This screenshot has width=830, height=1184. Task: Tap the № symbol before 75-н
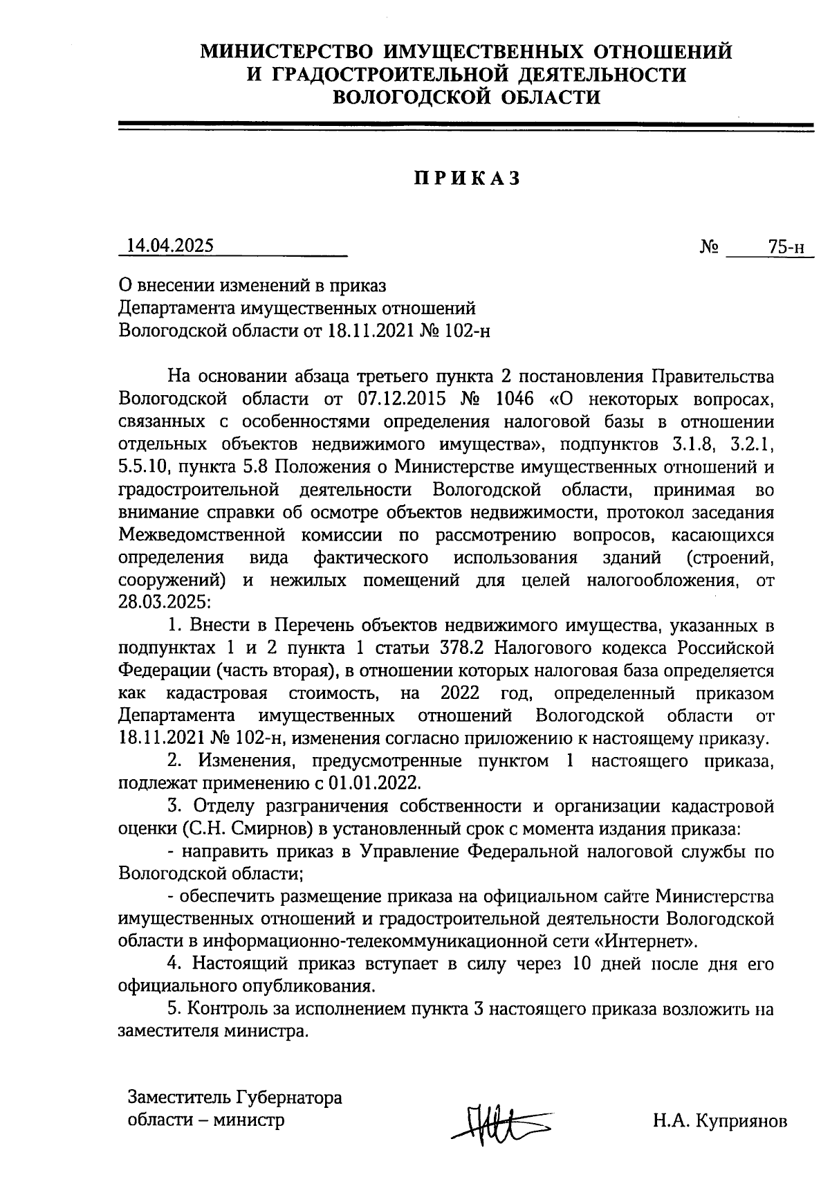[x=709, y=247]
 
